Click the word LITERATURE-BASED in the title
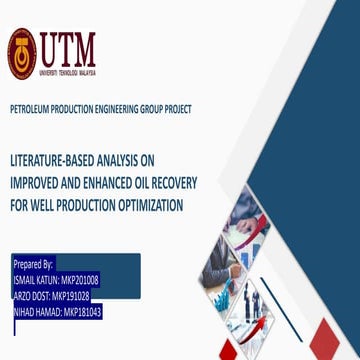coord(55,159)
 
